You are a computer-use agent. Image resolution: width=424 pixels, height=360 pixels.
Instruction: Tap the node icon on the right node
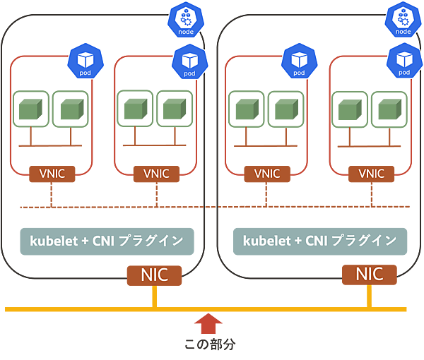404,21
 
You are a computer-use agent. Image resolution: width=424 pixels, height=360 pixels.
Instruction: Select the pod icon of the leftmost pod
84,61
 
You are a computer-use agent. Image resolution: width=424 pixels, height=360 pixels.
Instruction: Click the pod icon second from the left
189,61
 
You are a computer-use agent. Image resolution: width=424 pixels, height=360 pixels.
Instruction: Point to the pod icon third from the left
298,61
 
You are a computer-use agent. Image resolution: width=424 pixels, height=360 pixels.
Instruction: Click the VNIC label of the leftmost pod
52,173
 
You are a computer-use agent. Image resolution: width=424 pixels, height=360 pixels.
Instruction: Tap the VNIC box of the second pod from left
156,173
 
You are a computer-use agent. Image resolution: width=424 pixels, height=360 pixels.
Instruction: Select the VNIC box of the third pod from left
267,173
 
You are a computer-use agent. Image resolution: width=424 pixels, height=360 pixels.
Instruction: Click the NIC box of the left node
154,275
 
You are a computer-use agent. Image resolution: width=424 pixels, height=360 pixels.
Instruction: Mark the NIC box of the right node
369,275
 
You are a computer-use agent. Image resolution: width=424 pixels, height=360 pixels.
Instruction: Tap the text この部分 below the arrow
209,345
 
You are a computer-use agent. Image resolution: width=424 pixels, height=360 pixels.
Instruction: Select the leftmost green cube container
30,109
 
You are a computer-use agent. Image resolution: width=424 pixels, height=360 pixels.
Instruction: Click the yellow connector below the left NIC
154,297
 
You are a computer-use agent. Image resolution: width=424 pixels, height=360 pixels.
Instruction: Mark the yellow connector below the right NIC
369,297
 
